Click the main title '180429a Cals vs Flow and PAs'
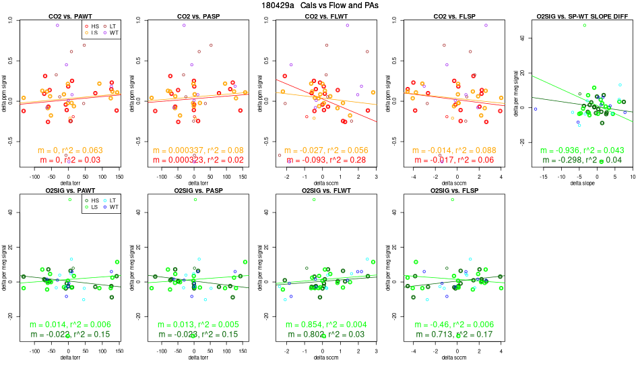coord(320,5)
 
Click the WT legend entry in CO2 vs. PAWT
coord(113,32)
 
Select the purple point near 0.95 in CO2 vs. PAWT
coord(57,25)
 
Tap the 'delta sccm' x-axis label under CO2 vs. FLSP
coord(455,183)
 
